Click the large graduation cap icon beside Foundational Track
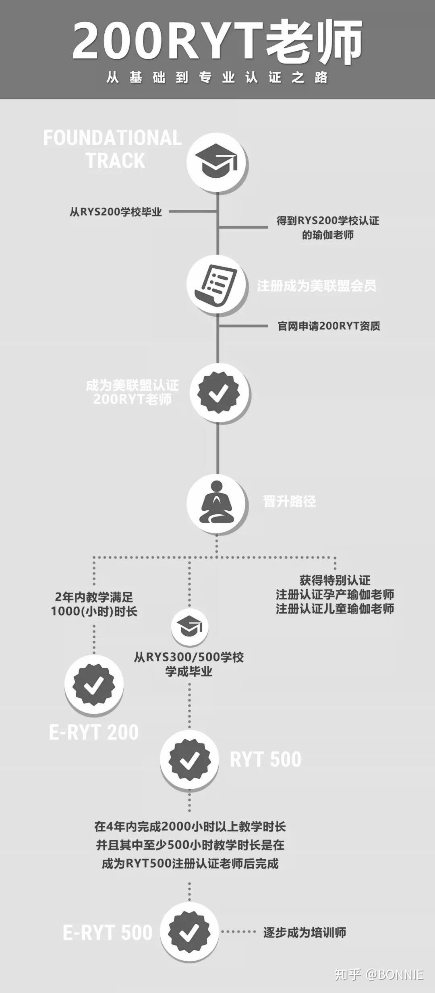tap(217, 162)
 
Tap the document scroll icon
tap(217, 284)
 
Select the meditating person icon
tap(217, 503)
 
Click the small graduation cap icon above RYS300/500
tap(189, 626)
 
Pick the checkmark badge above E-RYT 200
tap(94, 684)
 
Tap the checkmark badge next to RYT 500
tap(189, 760)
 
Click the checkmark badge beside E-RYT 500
tap(189, 931)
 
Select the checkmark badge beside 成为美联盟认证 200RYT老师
tap(219, 392)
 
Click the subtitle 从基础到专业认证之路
tap(217, 77)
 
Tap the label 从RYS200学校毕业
tap(116, 212)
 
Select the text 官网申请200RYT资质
tap(329, 326)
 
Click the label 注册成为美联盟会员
tap(317, 286)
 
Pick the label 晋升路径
tap(289, 502)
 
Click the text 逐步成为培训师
tap(304, 932)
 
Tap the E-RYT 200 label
tap(94, 732)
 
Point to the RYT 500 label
tap(265, 760)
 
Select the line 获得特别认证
tap(335, 580)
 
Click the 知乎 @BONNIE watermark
tap(379, 974)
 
